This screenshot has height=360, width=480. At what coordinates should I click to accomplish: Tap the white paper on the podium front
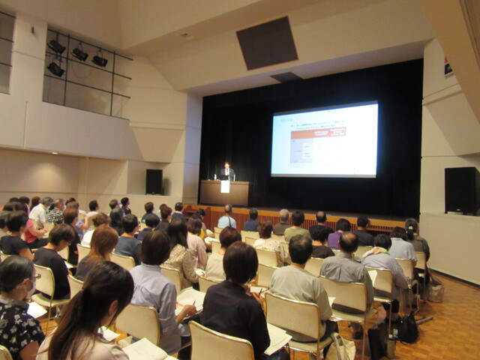(x=225, y=186)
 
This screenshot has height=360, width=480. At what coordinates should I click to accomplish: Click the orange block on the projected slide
(x=318, y=133)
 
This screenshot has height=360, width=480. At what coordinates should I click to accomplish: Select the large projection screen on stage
(x=324, y=139)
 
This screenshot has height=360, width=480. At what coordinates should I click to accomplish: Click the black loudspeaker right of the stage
(x=461, y=190)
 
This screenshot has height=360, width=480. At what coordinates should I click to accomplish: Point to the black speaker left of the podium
(x=154, y=181)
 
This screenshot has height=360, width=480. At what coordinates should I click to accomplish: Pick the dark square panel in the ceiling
(x=267, y=43)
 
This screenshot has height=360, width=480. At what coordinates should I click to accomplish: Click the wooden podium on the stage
(x=224, y=193)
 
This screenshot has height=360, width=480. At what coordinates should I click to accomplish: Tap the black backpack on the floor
(x=407, y=328)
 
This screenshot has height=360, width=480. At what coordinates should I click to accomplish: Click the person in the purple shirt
(x=334, y=238)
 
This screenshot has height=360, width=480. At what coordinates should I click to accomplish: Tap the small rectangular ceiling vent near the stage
(x=286, y=76)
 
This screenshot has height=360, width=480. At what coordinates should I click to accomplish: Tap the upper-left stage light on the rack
(x=57, y=46)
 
